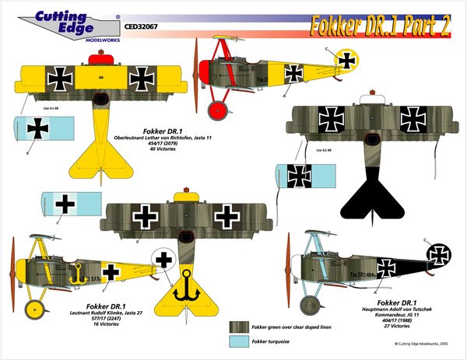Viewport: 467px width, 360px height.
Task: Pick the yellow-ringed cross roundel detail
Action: tap(347, 59)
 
